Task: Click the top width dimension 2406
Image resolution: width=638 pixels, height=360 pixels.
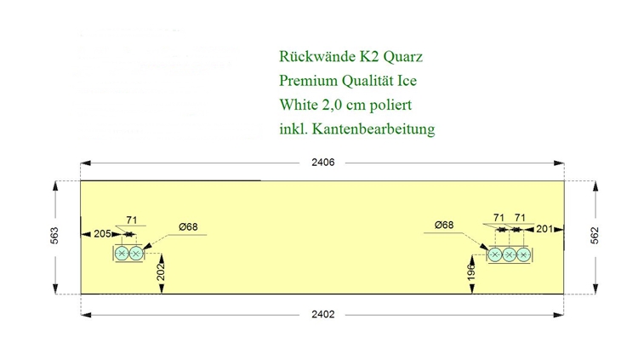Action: (x=323, y=163)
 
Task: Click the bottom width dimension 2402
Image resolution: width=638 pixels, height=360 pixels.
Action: (x=323, y=314)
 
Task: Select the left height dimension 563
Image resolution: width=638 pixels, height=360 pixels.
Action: (x=54, y=236)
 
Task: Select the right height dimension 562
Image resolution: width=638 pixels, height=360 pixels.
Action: (x=595, y=236)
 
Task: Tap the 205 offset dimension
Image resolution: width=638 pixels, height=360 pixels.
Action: (x=102, y=234)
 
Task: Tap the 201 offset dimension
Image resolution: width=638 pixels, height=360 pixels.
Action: (x=544, y=229)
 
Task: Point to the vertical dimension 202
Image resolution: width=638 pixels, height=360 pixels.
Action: (x=161, y=272)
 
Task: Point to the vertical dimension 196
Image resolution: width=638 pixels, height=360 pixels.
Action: (x=471, y=272)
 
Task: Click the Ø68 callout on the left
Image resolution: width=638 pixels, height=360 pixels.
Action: (x=188, y=227)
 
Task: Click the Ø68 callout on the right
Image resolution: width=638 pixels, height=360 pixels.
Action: (x=444, y=225)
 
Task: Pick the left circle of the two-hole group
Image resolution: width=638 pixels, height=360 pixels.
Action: (x=122, y=254)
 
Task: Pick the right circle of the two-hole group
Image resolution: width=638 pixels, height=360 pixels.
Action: (x=136, y=254)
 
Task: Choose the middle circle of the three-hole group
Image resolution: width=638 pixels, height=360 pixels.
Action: (x=509, y=255)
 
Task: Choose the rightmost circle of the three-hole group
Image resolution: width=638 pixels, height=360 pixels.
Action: (x=523, y=255)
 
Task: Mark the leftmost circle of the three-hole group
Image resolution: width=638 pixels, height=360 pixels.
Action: (x=495, y=255)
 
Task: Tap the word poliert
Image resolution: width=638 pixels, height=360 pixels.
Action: (x=390, y=105)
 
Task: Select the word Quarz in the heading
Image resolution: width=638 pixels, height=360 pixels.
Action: (x=403, y=57)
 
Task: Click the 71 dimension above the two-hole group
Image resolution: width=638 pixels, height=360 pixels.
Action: (x=131, y=220)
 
